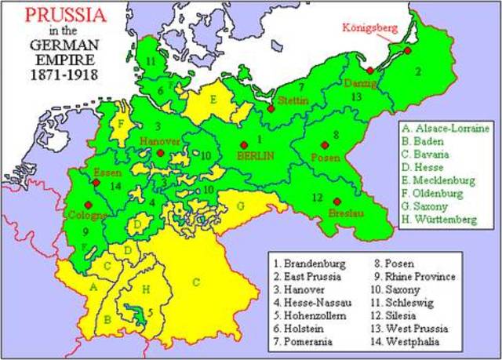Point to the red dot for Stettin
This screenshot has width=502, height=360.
[x=270, y=108]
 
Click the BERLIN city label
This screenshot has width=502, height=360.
[x=255, y=156]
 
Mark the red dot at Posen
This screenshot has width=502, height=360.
[x=324, y=145]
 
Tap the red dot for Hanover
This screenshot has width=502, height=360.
[x=160, y=154]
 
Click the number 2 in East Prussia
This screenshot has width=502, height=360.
[x=418, y=71]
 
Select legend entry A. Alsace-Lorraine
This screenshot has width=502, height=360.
[x=446, y=128]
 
